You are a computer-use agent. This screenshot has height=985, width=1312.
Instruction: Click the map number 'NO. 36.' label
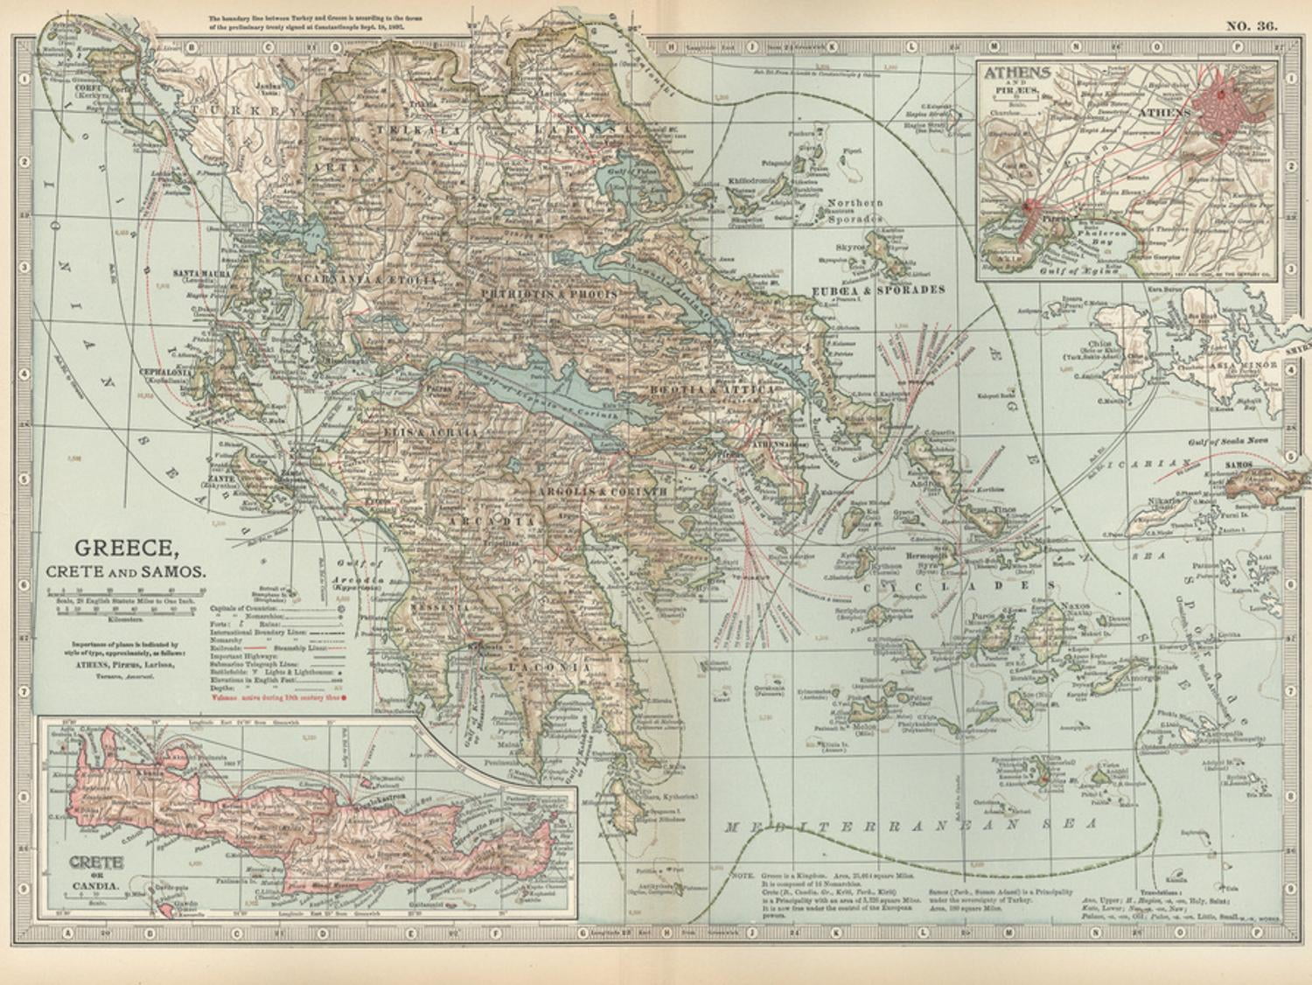pos(1251,25)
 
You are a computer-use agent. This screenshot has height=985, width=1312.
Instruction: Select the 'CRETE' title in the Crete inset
pos(95,862)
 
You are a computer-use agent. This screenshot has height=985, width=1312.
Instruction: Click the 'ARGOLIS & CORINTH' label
pos(603,492)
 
